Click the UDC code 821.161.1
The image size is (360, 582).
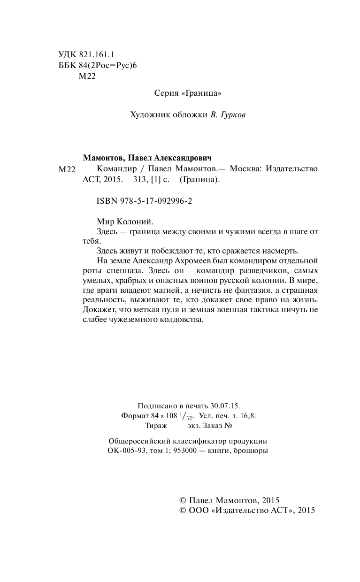tap(94, 54)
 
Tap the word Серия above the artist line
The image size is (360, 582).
tap(167, 93)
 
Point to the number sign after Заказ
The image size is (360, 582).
tap(229, 426)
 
